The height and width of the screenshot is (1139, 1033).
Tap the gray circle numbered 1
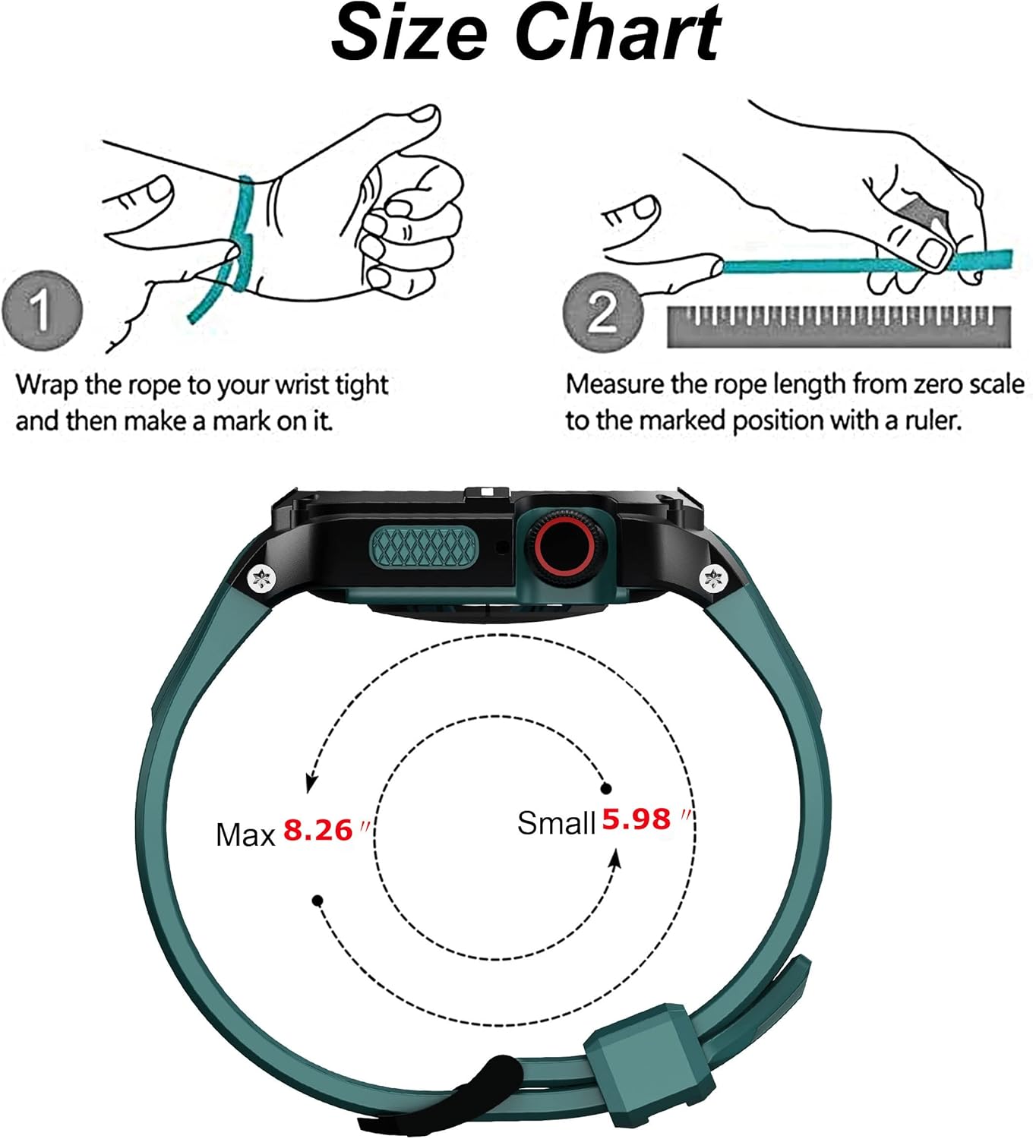tap(42, 311)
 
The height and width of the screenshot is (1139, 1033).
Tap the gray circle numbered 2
tap(602, 311)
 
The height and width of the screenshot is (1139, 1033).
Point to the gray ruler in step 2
tap(839, 327)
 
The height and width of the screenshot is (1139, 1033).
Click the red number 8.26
tap(318, 831)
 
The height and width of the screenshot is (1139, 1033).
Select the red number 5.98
tap(637, 819)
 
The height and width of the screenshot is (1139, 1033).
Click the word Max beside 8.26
tap(245, 835)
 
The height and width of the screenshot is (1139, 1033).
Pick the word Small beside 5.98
tap(556, 823)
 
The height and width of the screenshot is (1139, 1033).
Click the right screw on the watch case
tap(713, 579)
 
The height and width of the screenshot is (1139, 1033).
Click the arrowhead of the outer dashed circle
tap(311, 783)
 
